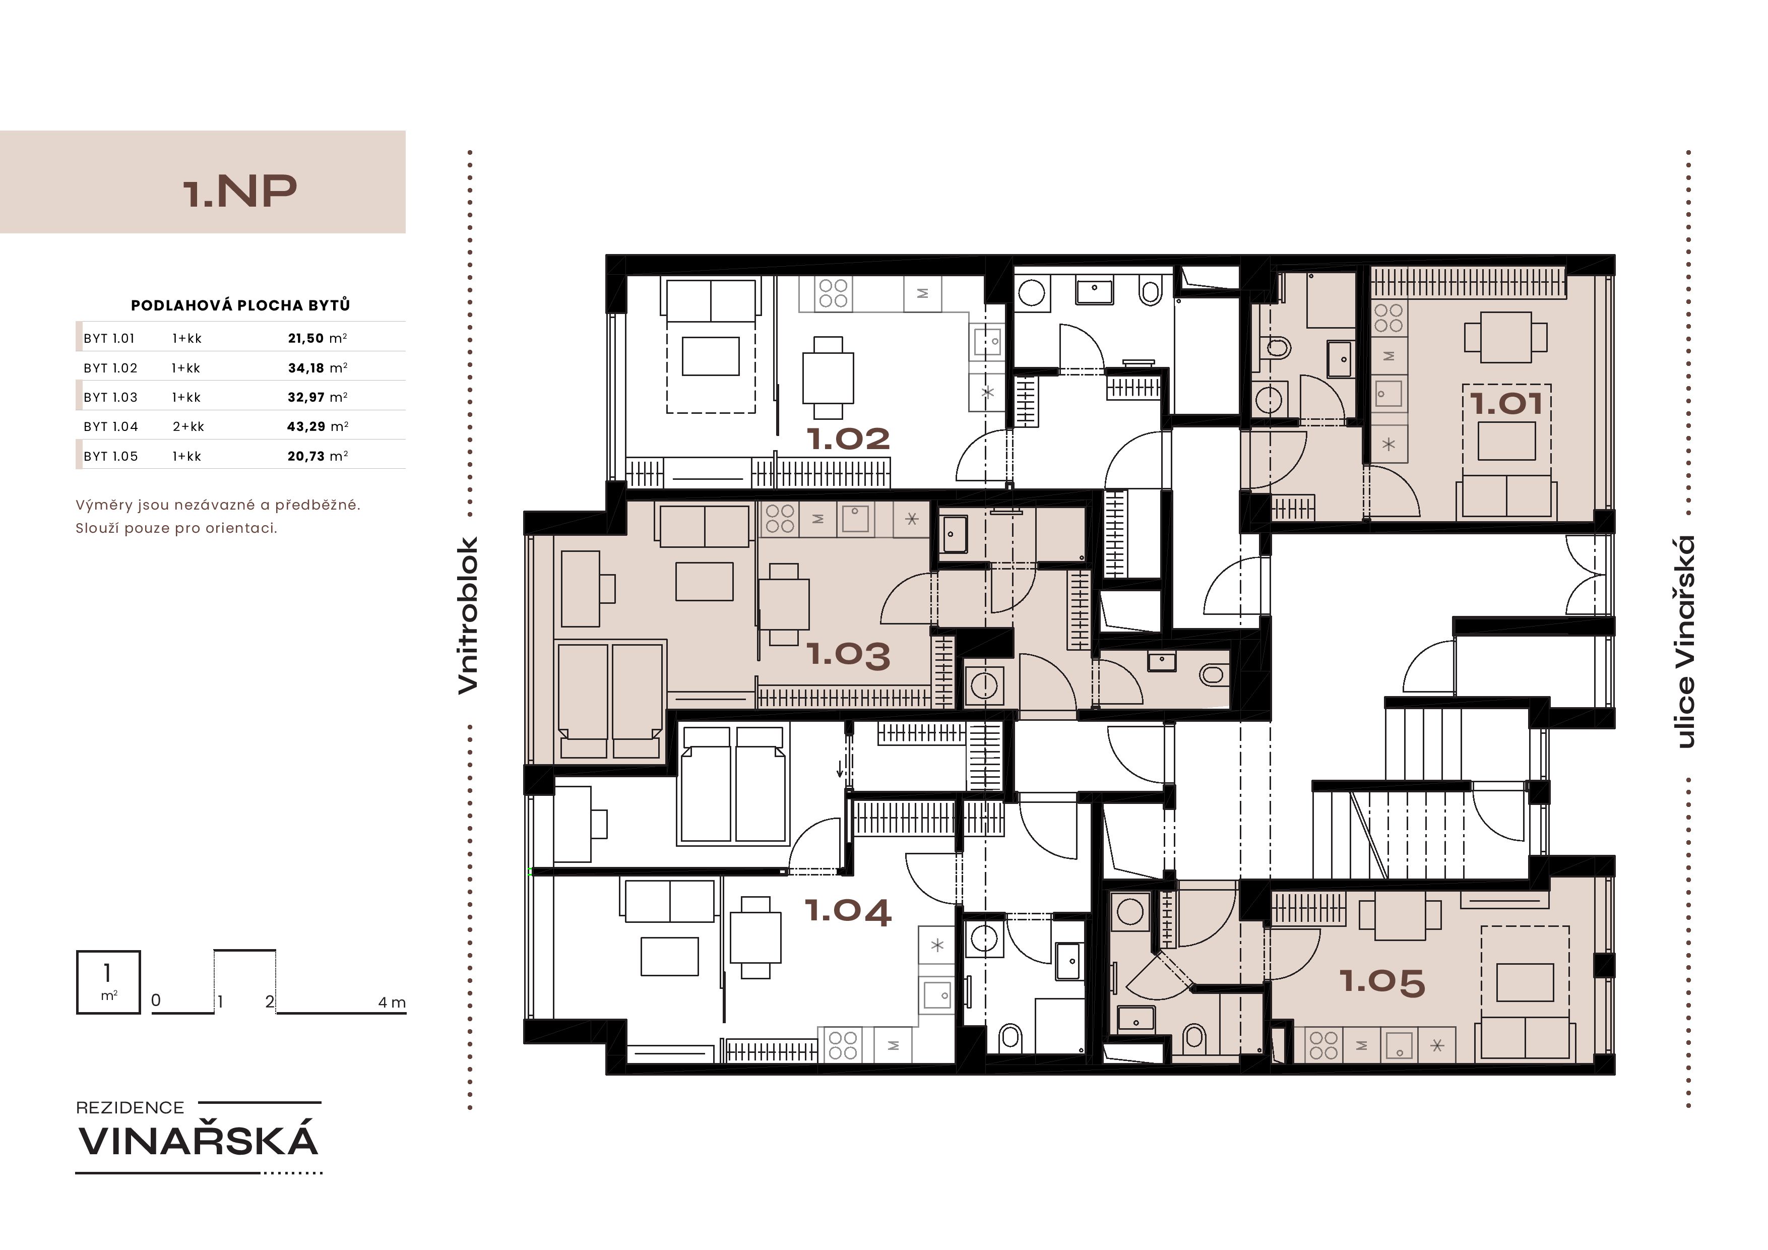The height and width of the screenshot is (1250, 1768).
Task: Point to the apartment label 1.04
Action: coord(848,911)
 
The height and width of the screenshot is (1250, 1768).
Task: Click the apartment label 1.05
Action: coord(1382,982)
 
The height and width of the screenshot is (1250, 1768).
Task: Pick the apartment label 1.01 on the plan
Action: coord(1506,404)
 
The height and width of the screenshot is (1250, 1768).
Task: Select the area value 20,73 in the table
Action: coord(306,456)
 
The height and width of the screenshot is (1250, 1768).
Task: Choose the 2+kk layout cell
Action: coord(188,426)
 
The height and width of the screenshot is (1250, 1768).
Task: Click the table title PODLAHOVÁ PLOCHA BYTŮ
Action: coord(240,305)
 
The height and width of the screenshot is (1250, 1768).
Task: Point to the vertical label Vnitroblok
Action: coord(468,615)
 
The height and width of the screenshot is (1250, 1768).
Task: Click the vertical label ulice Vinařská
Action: coord(1685,642)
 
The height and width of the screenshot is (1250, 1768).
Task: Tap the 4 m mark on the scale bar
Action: coord(392,1002)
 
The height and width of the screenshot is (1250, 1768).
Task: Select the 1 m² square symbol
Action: coord(108,982)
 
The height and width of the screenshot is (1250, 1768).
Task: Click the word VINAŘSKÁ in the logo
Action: coord(199,1141)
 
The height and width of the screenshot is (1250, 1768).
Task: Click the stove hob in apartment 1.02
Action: coord(833,293)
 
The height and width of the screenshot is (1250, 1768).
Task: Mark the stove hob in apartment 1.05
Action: coord(1323,1044)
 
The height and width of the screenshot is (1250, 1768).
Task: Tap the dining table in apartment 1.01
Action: coord(1505,337)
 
